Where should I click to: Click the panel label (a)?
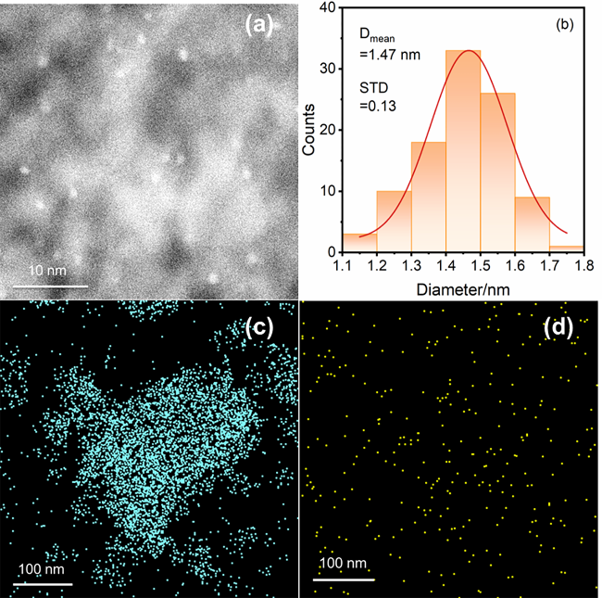click(x=261, y=26)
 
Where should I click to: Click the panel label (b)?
click(x=564, y=25)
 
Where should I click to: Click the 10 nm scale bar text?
click(x=44, y=269)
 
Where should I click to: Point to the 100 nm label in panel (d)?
click(x=344, y=563)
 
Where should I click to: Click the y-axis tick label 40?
click(x=326, y=8)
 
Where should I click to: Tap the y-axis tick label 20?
click(x=326, y=130)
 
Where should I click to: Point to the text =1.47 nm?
click(x=390, y=55)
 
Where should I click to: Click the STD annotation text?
click(x=373, y=87)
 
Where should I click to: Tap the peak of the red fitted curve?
click(x=470, y=50)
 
